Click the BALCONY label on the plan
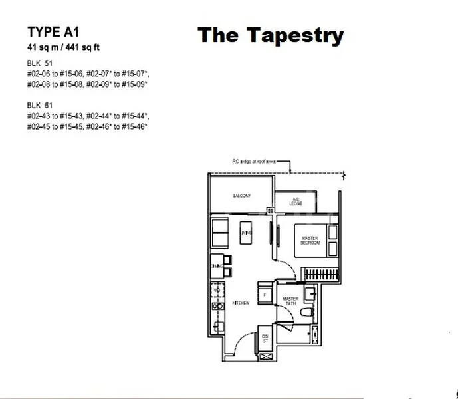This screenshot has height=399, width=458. click(241, 196)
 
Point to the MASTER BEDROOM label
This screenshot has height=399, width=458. click(310, 241)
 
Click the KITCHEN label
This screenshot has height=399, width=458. click(240, 303)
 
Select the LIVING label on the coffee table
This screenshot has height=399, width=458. click(244, 233)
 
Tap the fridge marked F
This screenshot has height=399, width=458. click(265, 294)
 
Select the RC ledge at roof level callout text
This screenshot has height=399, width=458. click(253, 162)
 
